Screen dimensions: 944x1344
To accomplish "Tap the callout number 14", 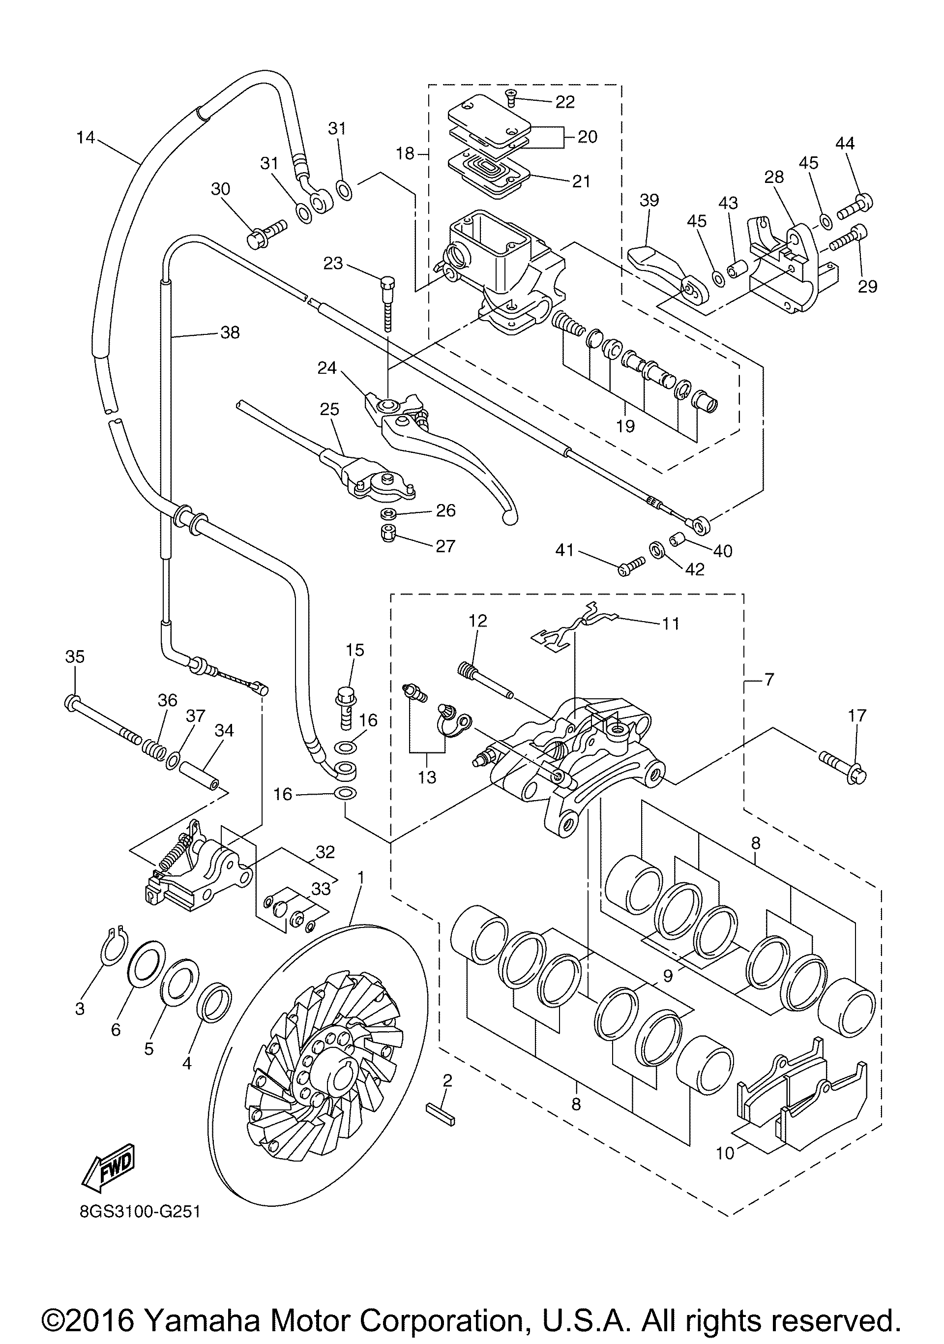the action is pyautogui.click(x=86, y=138).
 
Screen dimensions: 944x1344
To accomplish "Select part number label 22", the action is pyautogui.click(x=565, y=102).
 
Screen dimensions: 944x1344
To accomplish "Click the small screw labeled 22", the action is pyautogui.click(x=511, y=97).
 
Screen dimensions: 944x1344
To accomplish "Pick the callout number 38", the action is pyautogui.click(x=230, y=332).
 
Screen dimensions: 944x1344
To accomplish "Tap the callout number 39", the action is pyautogui.click(x=649, y=200).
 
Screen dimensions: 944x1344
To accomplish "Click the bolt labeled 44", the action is pyautogui.click(x=855, y=207).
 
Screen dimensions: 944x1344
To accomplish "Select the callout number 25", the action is pyautogui.click(x=329, y=409).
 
